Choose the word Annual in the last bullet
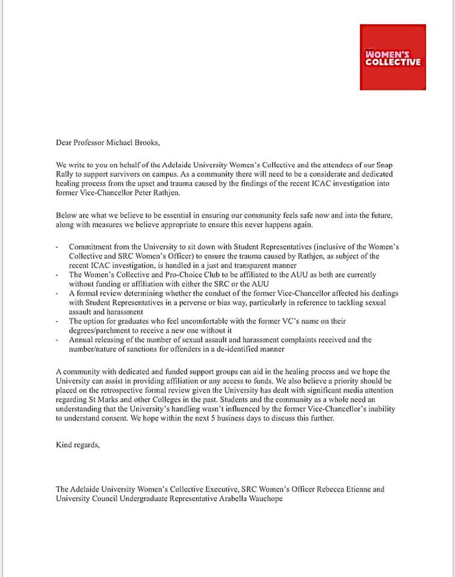(x=82, y=340)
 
